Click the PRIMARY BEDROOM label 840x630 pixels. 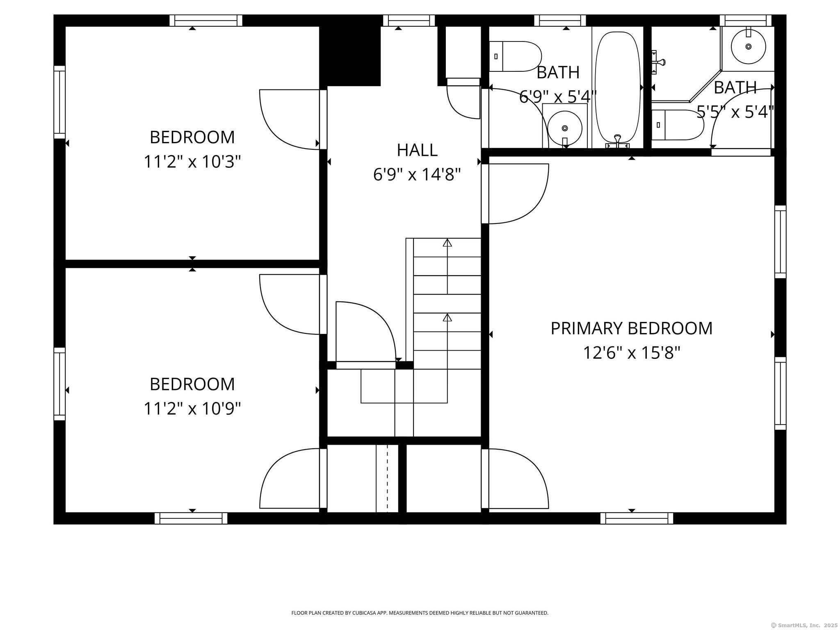pyautogui.click(x=631, y=329)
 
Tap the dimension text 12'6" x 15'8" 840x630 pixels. pyautogui.click(x=632, y=352)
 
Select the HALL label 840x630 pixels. pyautogui.click(x=417, y=150)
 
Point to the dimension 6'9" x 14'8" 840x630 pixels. pyautogui.click(x=417, y=175)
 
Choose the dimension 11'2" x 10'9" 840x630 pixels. pyautogui.click(x=192, y=409)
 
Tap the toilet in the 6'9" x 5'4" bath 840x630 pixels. pyautogui.click(x=516, y=56)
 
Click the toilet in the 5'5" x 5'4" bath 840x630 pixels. pyautogui.click(x=678, y=125)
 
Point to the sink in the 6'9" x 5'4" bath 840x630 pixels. pyautogui.click(x=565, y=128)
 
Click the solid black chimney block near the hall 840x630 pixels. pyautogui.click(x=350, y=50)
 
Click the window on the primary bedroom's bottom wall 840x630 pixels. pyautogui.click(x=637, y=518)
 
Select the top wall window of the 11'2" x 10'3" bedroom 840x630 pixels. pyautogui.click(x=206, y=21)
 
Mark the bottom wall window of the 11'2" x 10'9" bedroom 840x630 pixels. pyautogui.click(x=191, y=518)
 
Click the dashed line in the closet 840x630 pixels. pyautogui.click(x=387, y=478)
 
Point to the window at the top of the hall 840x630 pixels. pyautogui.click(x=409, y=21)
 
